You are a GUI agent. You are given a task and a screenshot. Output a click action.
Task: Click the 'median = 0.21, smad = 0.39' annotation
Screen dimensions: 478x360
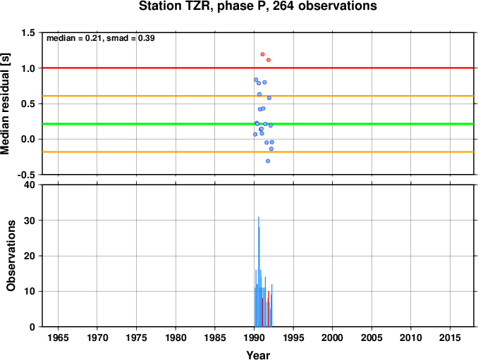click(101, 38)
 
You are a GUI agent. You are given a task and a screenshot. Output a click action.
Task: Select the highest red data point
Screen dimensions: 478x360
click(262, 54)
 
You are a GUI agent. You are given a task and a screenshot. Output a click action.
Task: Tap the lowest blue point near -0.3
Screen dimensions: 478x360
click(268, 161)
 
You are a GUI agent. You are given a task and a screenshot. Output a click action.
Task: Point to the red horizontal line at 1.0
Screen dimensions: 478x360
click(258, 68)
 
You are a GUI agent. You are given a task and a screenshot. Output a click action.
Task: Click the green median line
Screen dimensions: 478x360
click(258, 124)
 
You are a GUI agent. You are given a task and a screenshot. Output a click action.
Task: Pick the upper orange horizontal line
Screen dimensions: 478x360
click(258, 96)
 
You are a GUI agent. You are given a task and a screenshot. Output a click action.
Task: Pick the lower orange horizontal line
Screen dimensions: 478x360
click(258, 151)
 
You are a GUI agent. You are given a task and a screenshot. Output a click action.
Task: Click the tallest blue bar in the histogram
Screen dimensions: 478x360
click(259, 271)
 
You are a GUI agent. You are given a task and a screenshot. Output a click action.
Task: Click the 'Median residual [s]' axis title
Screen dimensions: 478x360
click(5, 104)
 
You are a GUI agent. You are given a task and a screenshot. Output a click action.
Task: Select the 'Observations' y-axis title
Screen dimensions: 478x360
click(11, 256)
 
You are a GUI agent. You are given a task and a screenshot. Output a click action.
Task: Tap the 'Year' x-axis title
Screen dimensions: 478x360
click(258, 355)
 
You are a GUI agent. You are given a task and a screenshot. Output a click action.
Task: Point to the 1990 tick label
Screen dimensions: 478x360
click(255, 337)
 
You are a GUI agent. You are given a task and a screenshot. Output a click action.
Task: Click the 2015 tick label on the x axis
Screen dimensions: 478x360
click(450, 337)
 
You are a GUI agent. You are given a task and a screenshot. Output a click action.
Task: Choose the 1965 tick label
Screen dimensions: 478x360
click(58, 337)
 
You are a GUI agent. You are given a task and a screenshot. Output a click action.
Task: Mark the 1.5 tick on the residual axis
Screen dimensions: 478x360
click(27, 32)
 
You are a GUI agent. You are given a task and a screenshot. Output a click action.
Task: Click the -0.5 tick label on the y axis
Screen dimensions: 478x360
click(26, 175)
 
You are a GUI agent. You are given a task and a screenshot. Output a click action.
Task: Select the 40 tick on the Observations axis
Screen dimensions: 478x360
click(30, 185)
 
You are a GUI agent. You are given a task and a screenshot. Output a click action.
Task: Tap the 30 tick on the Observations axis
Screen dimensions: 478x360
click(30, 221)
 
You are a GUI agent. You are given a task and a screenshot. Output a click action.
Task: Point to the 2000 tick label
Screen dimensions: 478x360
click(332, 337)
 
